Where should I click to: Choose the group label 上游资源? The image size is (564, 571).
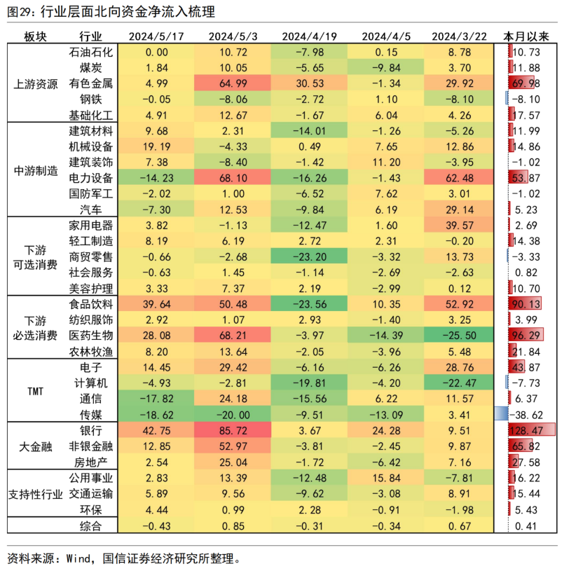pos(36,83)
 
